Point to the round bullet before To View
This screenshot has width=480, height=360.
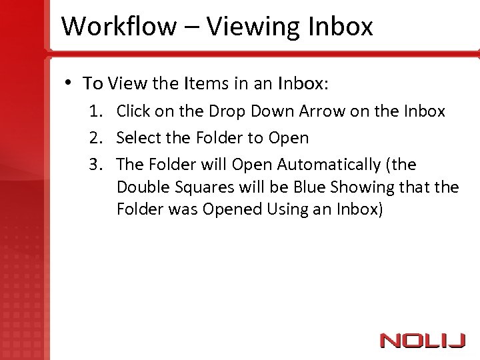(x=69, y=83)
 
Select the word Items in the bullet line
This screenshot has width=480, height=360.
(x=205, y=83)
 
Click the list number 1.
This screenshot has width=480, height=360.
(x=96, y=111)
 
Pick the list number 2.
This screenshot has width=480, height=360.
(x=96, y=138)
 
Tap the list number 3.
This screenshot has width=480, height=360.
(x=96, y=165)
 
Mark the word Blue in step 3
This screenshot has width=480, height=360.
(x=309, y=187)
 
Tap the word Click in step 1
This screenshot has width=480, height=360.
(x=134, y=111)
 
